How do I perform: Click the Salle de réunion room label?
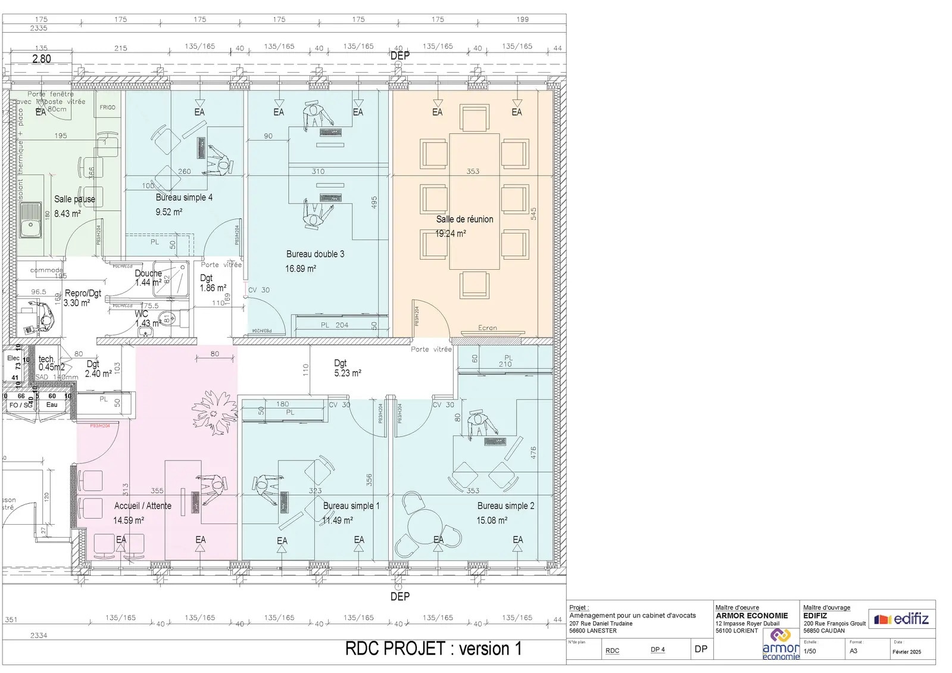464,219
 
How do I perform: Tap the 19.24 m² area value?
450,233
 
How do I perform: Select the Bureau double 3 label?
315,254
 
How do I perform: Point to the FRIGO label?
108,107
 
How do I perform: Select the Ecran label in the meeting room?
487,328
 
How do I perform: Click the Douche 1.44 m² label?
148,278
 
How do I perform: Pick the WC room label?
141,314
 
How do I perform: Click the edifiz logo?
901,619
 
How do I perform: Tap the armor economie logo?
781,644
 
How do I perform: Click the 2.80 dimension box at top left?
41,59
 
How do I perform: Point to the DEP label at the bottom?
399,596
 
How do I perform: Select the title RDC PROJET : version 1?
433,649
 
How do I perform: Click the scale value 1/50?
810,651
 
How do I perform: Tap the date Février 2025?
906,652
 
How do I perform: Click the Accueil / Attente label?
142,506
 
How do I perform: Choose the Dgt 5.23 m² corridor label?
347,368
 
